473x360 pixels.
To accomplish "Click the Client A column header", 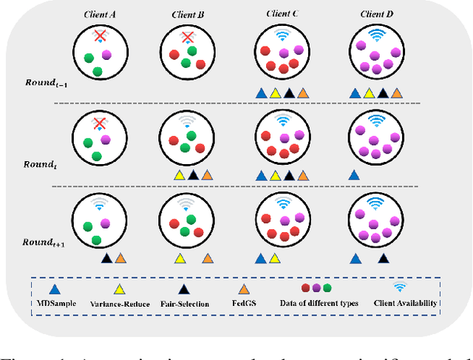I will click(97, 13).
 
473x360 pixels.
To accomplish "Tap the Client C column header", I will click(281, 13).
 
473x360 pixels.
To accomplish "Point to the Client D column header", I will click(376, 13).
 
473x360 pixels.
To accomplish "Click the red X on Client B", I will click(188, 37).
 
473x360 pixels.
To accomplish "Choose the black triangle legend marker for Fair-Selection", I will click(185, 290).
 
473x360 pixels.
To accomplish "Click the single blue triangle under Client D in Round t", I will click(354, 176).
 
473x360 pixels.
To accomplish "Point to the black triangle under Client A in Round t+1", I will click(106, 258).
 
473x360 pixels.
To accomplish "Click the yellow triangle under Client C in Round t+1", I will click(274, 258).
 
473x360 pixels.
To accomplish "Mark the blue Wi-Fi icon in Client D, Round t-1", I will click(377, 33).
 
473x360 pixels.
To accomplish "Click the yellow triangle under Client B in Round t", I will click(179, 176).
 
